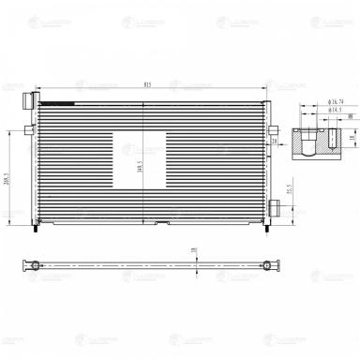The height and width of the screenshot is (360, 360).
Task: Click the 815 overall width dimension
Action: click(x=147, y=85)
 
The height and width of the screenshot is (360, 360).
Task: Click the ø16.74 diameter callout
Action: click(x=336, y=100)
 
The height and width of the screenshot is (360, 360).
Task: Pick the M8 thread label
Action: click(x=350, y=117)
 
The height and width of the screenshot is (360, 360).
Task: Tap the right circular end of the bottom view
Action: click(x=271, y=265)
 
